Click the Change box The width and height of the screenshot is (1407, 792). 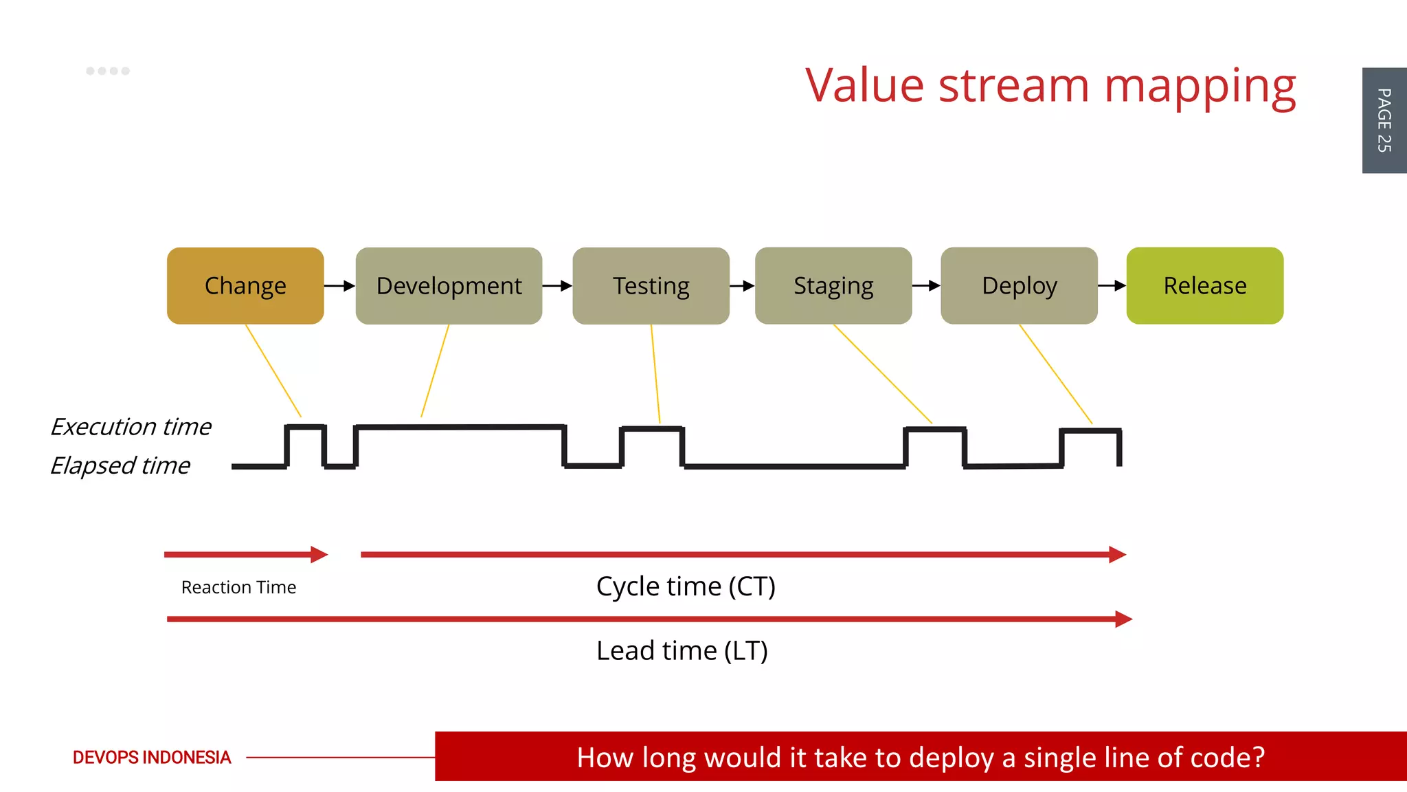coord(245,285)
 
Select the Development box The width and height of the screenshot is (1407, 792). coord(449,285)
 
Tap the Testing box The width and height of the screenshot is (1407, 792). coord(651,285)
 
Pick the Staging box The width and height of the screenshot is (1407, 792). coord(833,285)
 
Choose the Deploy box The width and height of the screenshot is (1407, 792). coord(1019,285)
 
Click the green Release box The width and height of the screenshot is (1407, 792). coord(1204,285)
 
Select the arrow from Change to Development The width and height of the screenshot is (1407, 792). coord(339,285)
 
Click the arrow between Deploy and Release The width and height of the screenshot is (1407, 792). coord(1112,285)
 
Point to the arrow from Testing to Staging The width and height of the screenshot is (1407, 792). coord(742,285)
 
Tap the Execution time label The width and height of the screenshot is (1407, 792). coord(131,427)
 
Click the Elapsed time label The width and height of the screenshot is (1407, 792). coord(120,465)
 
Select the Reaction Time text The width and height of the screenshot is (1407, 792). coord(238,587)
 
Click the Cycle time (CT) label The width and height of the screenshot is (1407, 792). coord(686,586)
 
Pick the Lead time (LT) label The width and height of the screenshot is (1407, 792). coord(682,650)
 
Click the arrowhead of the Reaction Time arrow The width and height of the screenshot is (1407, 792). coord(319,554)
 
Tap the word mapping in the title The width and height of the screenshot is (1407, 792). coord(1200,87)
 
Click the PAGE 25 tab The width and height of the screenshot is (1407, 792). coord(1384,120)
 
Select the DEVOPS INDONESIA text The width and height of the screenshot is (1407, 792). coord(152,758)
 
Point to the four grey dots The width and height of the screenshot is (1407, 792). coord(108,71)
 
